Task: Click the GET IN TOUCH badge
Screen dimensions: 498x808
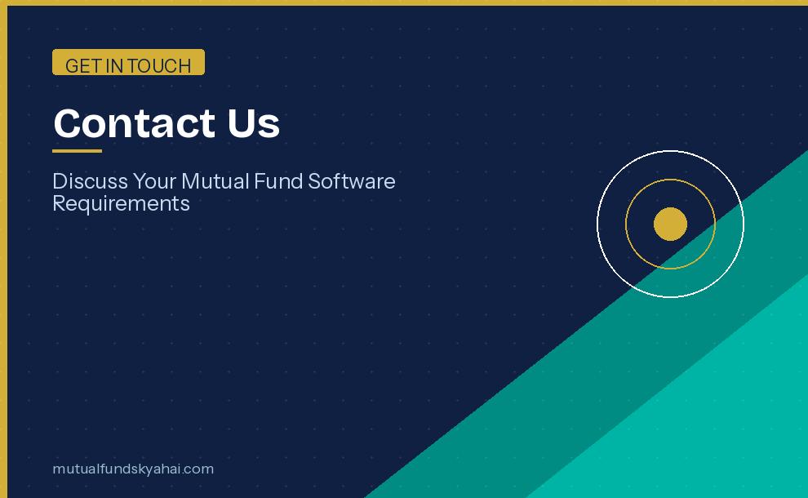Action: click(128, 62)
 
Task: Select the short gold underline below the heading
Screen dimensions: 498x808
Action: click(77, 151)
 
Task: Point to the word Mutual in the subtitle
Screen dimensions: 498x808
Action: click(215, 180)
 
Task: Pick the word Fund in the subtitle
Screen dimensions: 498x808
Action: click(277, 180)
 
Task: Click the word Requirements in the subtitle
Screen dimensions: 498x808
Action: click(121, 203)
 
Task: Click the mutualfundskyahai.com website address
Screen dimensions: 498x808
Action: click(133, 469)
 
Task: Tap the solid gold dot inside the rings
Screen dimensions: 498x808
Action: click(670, 224)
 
